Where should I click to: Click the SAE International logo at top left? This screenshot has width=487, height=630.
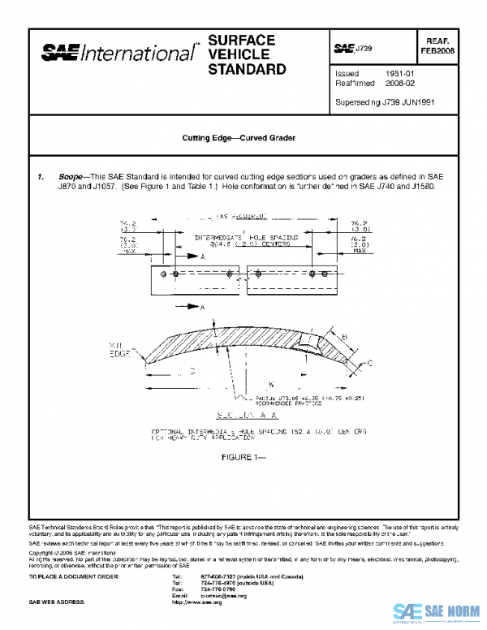tap(119, 53)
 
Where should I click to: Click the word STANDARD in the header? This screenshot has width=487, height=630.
tap(247, 70)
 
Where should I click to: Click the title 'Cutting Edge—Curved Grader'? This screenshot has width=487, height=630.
tap(239, 138)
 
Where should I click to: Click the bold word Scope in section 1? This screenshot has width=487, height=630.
tap(71, 176)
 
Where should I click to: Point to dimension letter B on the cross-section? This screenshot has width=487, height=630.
tap(344, 334)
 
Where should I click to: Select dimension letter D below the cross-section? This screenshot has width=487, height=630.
tap(192, 371)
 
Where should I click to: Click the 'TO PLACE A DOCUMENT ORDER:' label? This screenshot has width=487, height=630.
tap(74, 576)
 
